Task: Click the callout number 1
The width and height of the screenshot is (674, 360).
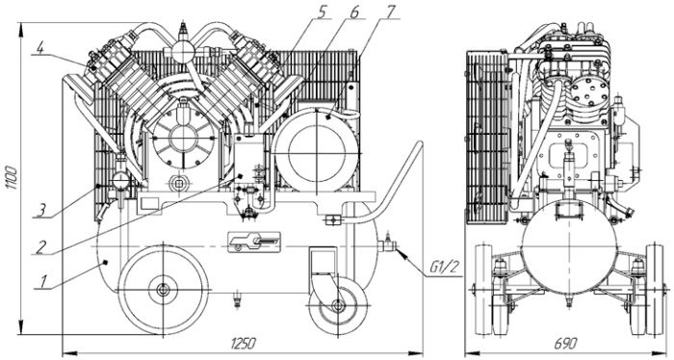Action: pos(43,282)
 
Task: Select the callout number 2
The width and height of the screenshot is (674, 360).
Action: pos(40,246)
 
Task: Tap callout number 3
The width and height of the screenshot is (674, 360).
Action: pos(40,211)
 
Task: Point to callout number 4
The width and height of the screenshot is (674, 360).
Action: pos(39,48)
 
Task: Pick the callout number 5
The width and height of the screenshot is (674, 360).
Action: pos(322,12)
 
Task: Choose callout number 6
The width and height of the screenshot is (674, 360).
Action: pos(353,12)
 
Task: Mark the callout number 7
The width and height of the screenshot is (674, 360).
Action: pos(389,12)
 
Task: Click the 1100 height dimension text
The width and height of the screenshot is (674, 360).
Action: pos(12,177)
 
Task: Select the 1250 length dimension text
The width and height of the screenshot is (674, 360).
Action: pos(243,344)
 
